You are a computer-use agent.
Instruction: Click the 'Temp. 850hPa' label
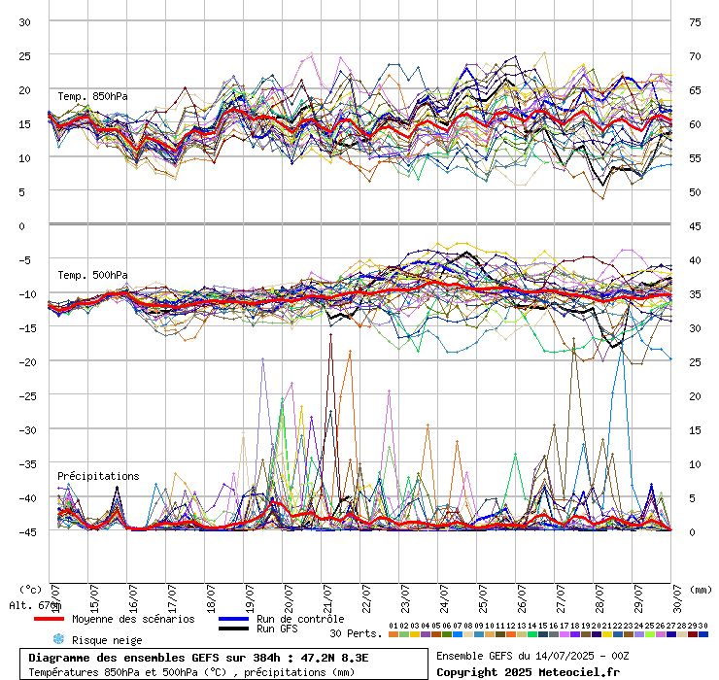tap(92, 96)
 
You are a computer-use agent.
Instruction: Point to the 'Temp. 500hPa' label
tap(92, 275)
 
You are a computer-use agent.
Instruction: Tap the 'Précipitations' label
tap(98, 476)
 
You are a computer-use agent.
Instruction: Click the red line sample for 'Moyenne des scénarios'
tap(49, 619)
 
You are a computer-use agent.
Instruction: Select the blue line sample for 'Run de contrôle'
tap(232, 619)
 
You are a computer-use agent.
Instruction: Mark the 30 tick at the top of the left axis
tap(25, 21)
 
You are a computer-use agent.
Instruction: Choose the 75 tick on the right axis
tap(695, 21)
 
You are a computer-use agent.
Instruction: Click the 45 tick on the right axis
tap(695, 225)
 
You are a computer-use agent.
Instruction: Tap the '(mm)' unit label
tap(701, 589)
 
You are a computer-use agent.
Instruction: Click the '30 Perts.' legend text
tap(356, 633)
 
